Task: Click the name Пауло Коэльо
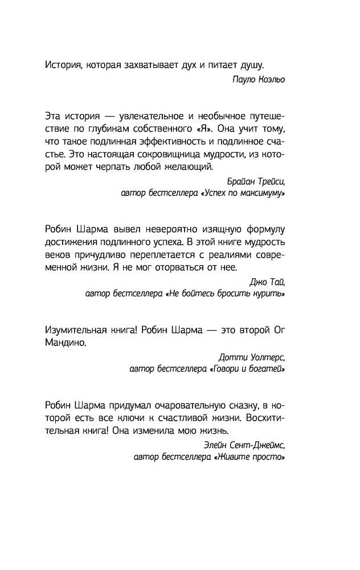click(259, 80)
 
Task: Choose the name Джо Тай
click(267, 282)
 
